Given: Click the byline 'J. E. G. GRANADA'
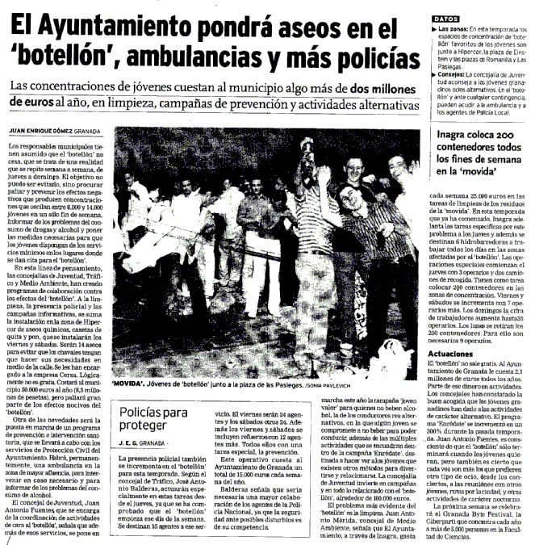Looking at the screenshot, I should pyautogui.click(x=146, y=443).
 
